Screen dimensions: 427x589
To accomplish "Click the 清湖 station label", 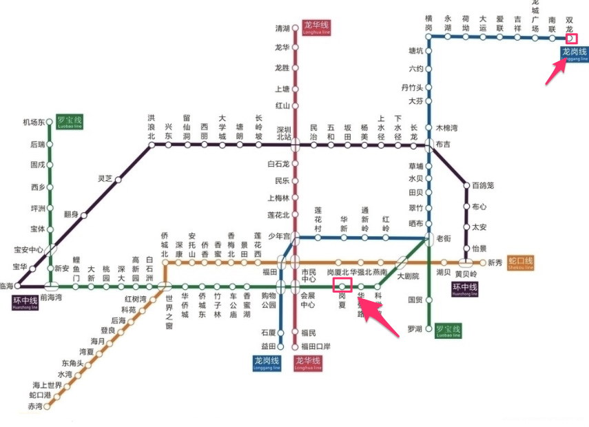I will tap(282, 28).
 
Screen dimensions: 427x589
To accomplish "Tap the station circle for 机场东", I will tap(50, 123).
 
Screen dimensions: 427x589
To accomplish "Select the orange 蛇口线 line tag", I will tap(520, 262).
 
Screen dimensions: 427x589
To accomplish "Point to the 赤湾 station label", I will tap(34, 407).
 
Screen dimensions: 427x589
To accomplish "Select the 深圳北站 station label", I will tap(284, 133).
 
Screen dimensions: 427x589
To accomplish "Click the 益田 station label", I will tap(268, 346).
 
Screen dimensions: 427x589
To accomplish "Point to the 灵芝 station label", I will tap(105, 178).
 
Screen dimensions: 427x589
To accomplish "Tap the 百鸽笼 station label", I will tap(483, 185).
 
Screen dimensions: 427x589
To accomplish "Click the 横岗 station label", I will tap(428, 23).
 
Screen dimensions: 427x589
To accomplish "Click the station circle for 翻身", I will tap(84, 216).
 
